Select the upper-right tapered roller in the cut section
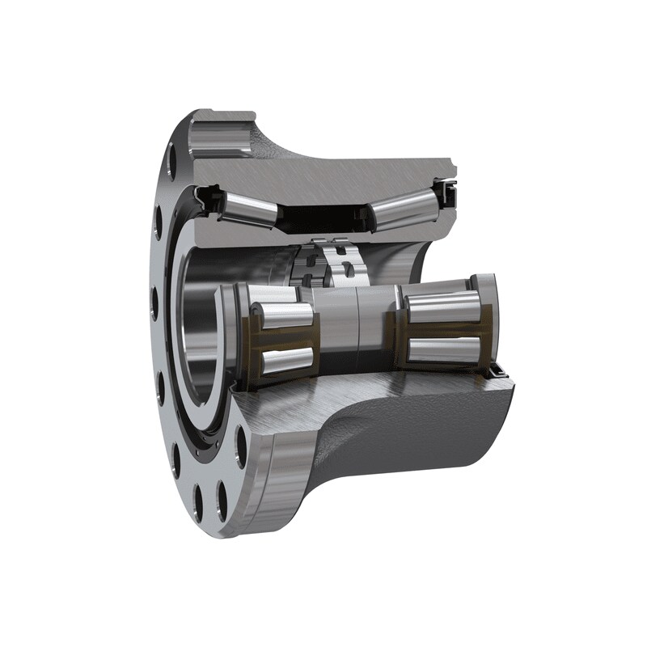[x=400, y=212]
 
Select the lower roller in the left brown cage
[x=285, y=361]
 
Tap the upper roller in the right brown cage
[x=442, y=308]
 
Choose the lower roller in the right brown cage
[x=443, y=349]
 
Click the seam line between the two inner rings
[x=356, y=328]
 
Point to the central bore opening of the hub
[x=198, y=340]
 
